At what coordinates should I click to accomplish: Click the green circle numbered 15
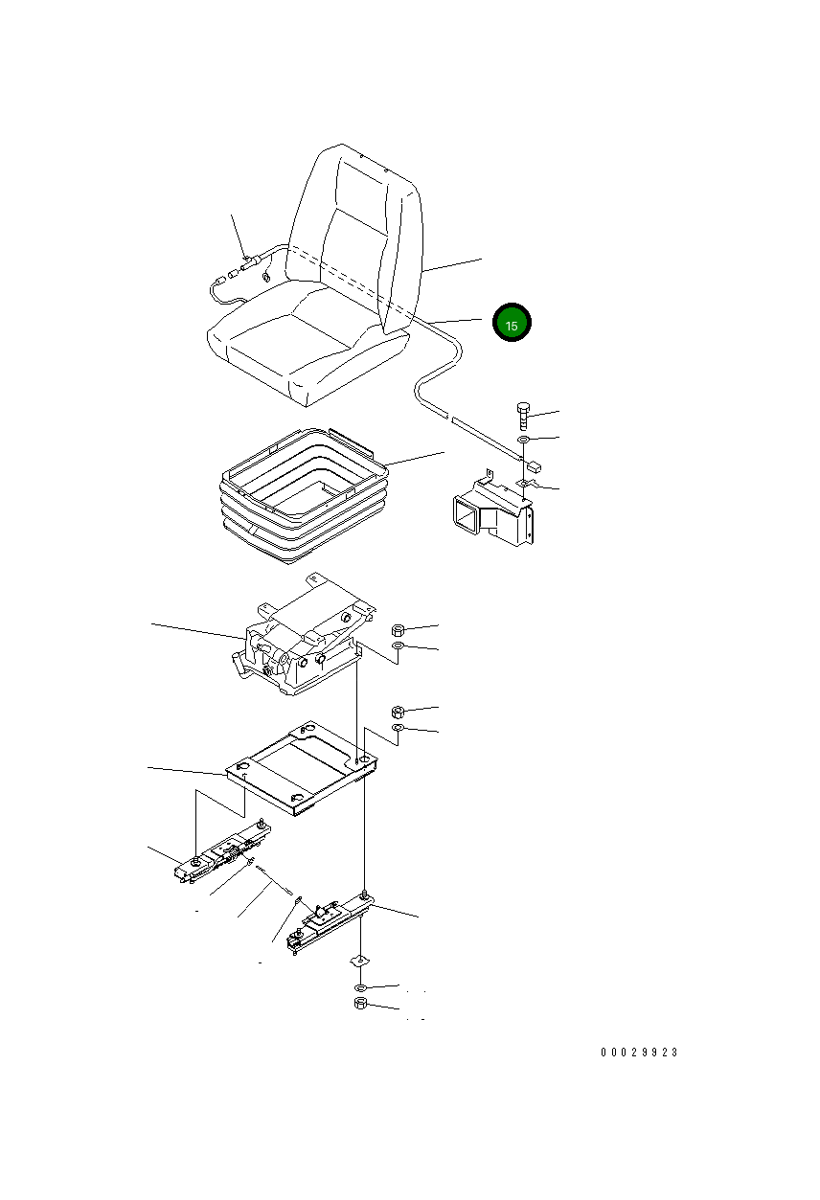tap(512, 325)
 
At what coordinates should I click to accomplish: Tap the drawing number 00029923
tap(639, 1053)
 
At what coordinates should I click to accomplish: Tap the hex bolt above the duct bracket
tap(522, 416)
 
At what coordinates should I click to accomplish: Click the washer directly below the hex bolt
tap(523, 441)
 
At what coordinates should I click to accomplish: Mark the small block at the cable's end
tap(534, 468)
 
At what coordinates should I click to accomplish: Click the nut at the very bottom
tap(361, 1004)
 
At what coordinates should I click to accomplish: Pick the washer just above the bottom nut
tap(360, 986)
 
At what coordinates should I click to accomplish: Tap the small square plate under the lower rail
tap(359, 961)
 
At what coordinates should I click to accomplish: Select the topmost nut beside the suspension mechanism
tap(398, 629)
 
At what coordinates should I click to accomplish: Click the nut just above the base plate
tap(398, 712)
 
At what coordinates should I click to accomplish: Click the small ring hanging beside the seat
tap(265, 278)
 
